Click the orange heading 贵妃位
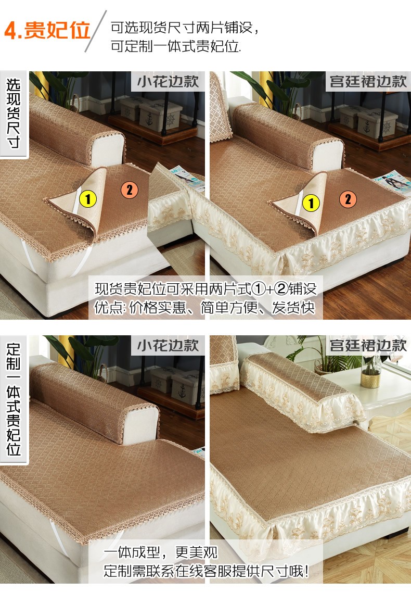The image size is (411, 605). (x=57, y=30)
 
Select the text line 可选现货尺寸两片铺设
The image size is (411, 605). (x=185, y=28)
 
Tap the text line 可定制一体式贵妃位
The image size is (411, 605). (x=176, y=46)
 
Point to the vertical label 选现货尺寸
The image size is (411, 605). (x=14, y=114)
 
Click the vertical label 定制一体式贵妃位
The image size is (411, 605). (x=14, y=399)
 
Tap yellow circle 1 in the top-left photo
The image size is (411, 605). (x=88, y=199)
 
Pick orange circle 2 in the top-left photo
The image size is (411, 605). (x=130, y=190)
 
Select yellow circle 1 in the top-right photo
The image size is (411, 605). (x=311, y=203)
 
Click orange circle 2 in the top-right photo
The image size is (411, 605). (x=348, y=199)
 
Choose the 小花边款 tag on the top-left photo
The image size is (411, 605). (x=168, y=81)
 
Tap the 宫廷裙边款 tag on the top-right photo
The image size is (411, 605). (x=368, y=81)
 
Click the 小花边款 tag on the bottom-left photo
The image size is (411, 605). (x=168, y=345)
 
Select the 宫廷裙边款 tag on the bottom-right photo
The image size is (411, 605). (x=368, y=345)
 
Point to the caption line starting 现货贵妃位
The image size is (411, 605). (x=206, y=288)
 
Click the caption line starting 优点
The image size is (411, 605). (x=205, y=308)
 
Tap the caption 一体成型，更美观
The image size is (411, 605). (x=161, y=552)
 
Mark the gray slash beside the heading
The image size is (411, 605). (x=96, y=31)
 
